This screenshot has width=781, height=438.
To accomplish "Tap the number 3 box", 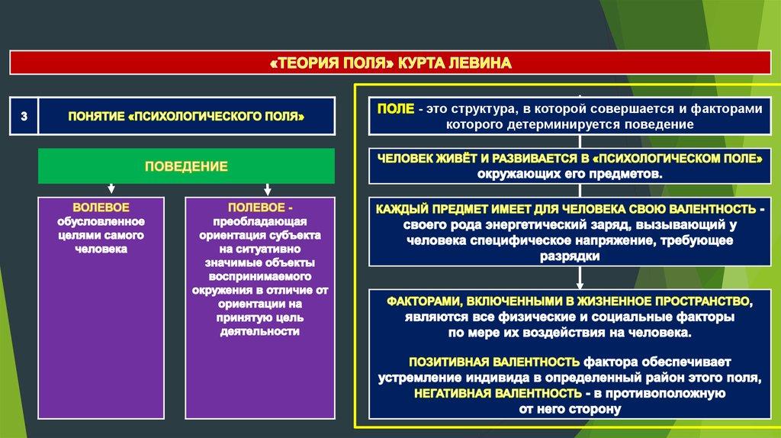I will (24, 116).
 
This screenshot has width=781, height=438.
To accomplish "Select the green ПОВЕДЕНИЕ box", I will (187, 166).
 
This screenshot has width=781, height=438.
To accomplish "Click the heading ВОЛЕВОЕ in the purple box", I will (101, 208).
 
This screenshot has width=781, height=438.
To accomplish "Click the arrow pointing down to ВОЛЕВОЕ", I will (111, 188).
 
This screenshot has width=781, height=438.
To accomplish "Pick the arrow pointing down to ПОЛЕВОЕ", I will (267, 188).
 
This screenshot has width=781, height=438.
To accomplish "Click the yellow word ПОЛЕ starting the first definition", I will (396, 109).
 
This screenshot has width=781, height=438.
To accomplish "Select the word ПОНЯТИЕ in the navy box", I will (95, 116).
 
